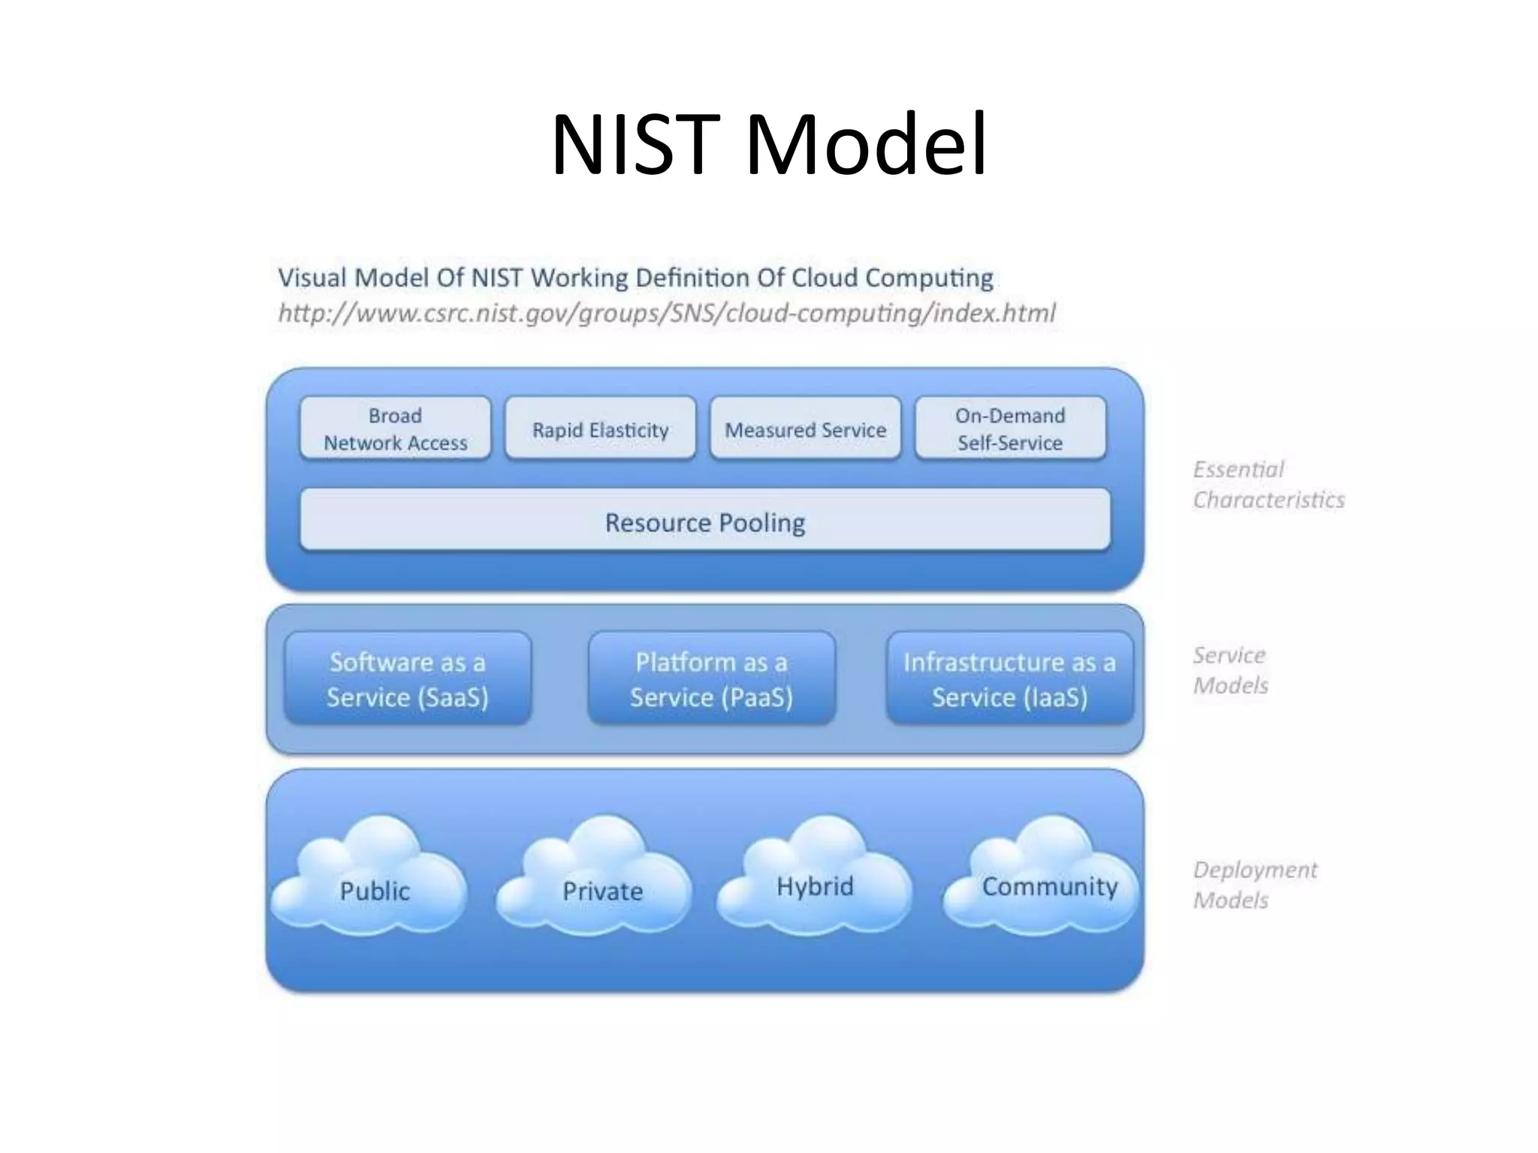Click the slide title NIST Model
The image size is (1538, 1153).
pos(768,144)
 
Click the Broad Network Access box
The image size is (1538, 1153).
pos(395,429)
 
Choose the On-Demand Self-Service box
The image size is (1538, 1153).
pos(1010,429)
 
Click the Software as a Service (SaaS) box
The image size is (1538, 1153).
pos(408,679)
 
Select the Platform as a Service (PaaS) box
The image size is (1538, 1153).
pos(711,679)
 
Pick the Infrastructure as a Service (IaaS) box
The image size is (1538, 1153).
pos(1009,679)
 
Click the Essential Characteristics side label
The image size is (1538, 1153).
pos(1268,485)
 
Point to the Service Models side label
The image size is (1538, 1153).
pos(1230,670)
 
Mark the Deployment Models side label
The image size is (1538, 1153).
pos(1254,885)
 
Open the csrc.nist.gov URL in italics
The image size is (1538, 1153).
pos(666,313)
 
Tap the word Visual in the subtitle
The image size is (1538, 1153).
pos(312,278)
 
